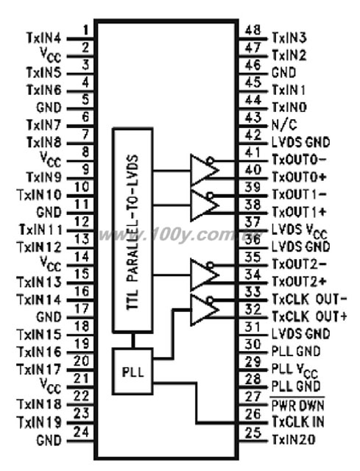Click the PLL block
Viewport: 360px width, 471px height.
133,371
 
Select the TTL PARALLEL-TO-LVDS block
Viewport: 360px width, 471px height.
133,230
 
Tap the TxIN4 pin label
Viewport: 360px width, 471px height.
44,38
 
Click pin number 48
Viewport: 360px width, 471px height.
253,30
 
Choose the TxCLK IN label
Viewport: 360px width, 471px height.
298,422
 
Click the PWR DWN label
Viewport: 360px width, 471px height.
298,405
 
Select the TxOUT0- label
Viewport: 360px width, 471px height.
299,160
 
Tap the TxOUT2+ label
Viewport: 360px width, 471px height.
299,281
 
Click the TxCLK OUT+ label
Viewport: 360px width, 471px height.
309,316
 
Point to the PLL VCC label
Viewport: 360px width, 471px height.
294,369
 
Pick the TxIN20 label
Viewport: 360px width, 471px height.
293,439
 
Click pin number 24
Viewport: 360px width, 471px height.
82,432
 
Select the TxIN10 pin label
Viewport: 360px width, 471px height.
39,194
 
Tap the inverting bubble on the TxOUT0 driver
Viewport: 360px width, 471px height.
211,160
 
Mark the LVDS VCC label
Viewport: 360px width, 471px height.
300,230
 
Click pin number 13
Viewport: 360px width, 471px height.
82,239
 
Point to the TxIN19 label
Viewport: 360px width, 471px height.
39,422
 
